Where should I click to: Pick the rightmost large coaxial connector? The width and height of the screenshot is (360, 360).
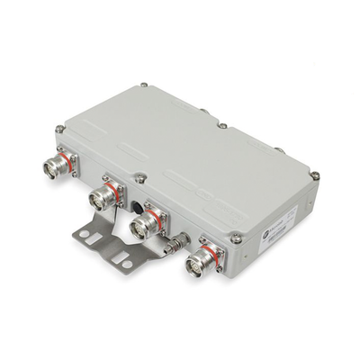197,260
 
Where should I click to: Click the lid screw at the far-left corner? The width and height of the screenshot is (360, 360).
60,130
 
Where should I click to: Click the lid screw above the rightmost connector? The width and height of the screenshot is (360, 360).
235,237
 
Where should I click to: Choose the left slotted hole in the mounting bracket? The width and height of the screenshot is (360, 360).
86,237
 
